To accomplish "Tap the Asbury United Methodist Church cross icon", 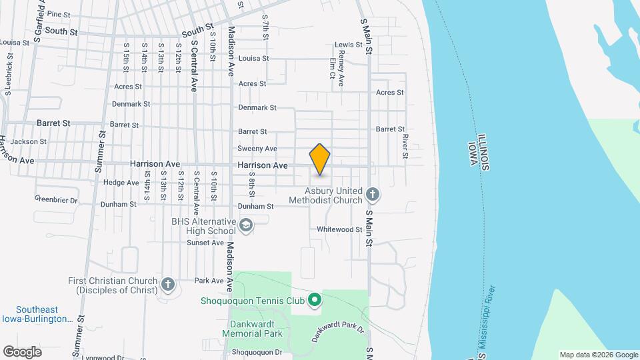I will coord(373,195).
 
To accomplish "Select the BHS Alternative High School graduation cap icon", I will coord(246,226).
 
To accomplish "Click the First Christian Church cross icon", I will coord(168,285).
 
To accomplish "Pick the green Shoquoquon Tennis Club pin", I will coord(315,300).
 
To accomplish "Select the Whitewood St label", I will coord(339,229).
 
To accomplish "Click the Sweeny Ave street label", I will coord(257,149).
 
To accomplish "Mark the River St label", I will coord(405,142).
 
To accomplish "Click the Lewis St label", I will coord(348,45).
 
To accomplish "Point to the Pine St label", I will coord(59,14).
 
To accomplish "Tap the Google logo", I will coord(22,351).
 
